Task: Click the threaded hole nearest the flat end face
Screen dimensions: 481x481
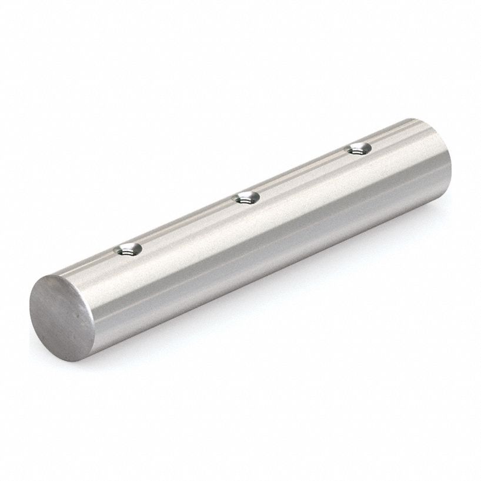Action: click(127, 250)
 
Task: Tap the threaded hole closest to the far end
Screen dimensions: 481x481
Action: click(358, 149)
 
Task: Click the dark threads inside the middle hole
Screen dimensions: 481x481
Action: click(246, 199)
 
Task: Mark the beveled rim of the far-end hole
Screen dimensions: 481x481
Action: click(358, 145)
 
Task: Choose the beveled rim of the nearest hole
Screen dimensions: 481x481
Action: click(127, 245)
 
